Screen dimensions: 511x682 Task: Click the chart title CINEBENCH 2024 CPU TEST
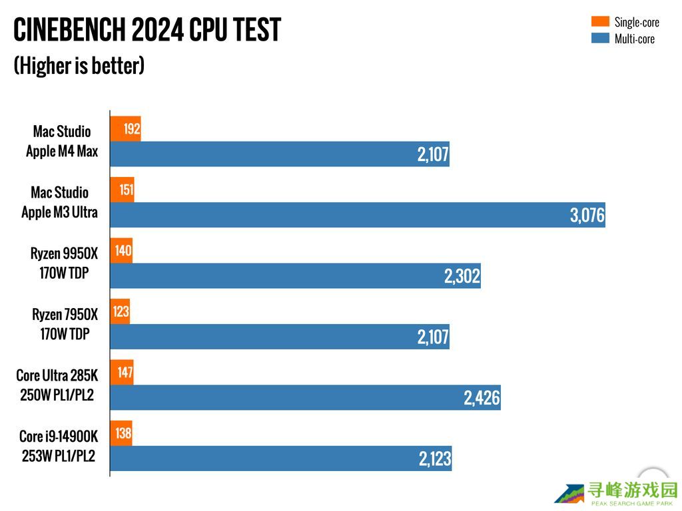point(147,29)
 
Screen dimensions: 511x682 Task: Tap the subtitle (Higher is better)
point(79,65)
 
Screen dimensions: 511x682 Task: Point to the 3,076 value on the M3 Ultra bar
point(587,216)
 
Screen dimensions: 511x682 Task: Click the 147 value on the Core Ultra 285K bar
point(125,373)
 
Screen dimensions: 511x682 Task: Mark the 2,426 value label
point(482,399)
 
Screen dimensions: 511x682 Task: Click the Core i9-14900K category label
point(59,446)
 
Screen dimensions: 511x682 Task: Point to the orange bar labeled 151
point(122,190)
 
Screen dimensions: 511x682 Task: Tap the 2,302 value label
point(462,276)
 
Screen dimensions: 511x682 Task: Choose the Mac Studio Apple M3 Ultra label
point(59,202)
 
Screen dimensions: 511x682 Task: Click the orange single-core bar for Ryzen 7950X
point(120,311)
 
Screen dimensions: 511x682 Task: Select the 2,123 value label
point(435,459)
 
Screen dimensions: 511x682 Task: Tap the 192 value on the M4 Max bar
point(132,128)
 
